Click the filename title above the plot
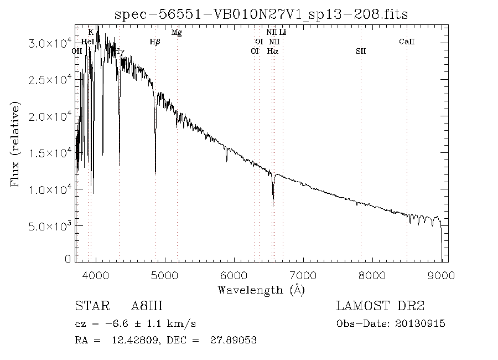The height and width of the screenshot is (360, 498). tap(261, 14)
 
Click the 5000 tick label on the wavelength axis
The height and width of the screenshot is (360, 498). tap(165, 275)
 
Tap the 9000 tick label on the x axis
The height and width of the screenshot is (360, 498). tap(441, 275)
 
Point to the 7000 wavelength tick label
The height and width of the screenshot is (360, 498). tap(303, 275)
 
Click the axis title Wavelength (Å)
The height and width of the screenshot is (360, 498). tap(261, 290)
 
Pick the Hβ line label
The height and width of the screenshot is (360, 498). tap(155, 42)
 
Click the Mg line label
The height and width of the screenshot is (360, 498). tap(177, 33)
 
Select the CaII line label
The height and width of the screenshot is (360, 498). tap(407, 42)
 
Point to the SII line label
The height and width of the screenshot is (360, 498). tap(361, 51)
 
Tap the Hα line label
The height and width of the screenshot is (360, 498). tap(272, 51)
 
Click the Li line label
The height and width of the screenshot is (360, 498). tap(282, 33)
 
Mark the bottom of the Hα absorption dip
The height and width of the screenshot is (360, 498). tap(273, 205)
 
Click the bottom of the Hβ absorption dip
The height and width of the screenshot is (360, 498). tap(155, 173)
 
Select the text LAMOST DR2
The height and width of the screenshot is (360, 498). tap(380, 306)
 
